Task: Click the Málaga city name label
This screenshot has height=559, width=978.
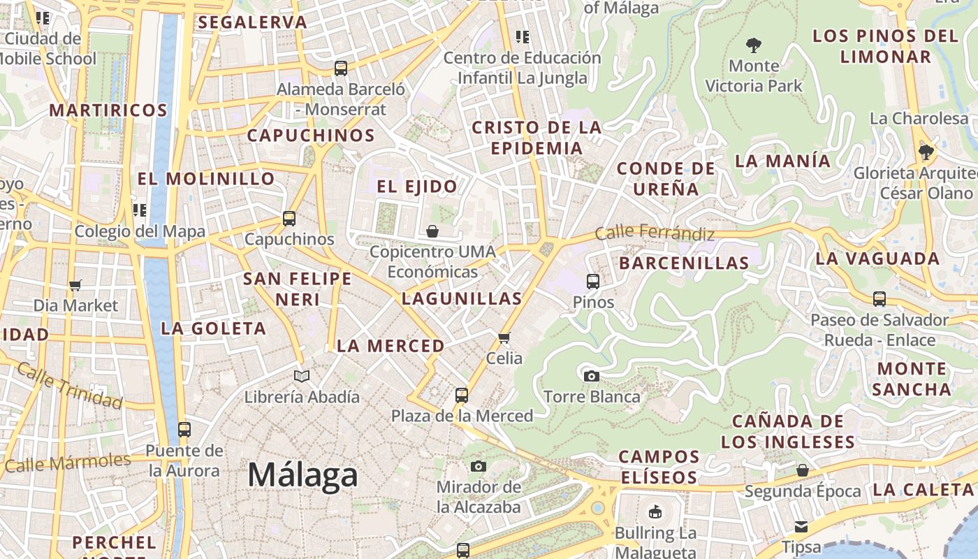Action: click(x=303, y=475)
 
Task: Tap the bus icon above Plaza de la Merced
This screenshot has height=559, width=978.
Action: click(x=461, y=395)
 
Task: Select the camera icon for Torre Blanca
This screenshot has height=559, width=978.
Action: click(x=592, y=376)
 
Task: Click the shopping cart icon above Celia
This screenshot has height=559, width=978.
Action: click(x=504, y=338)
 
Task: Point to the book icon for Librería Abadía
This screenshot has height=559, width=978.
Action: click(x=302, y=377)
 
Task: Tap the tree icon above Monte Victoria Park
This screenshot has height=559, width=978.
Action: click(x=753, y=45)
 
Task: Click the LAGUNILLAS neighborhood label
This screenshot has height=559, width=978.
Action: click(x=462, y=298)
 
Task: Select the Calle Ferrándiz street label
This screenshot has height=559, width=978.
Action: click(x=655, y=233)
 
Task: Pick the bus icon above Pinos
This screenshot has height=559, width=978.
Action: click(x=593, y=282)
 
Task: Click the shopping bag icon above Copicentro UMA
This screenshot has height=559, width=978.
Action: click(x=432, y=231)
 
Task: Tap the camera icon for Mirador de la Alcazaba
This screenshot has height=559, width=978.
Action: click(x=479, y=466)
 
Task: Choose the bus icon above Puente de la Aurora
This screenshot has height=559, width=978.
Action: click(x=184, y=430)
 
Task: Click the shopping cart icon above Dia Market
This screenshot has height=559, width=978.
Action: click(x=75, y=285)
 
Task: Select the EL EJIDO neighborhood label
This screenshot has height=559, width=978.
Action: click(x=417, y=187)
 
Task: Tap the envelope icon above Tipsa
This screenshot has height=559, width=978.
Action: click(x=801, y=526)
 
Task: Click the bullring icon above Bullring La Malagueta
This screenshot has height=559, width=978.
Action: click(x=655, y=512)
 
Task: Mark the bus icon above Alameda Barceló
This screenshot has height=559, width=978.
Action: click(x=340, y=68)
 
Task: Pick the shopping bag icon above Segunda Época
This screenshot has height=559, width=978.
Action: click(x=803, y=470)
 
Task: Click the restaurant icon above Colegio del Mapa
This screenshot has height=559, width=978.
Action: click(x=140, y=210)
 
